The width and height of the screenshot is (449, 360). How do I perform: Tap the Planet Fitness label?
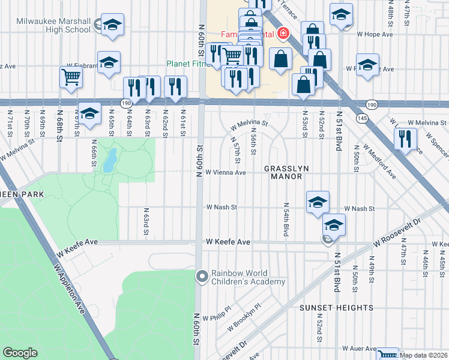click(x=187, y=65)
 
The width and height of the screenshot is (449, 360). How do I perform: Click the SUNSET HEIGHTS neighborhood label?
click(x=336, y=308)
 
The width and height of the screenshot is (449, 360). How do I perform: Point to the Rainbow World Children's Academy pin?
click(x=202, y=276)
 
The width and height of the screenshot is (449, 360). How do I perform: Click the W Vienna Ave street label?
click(x=226, y=173)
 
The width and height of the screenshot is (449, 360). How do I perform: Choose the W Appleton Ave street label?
click(x=70, y=290)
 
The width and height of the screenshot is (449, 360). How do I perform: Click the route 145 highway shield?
click(x=363, y=117)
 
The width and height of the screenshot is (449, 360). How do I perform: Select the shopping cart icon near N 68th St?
click(x=71, y=77)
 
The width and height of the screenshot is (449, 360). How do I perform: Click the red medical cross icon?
click(x=281, y=34)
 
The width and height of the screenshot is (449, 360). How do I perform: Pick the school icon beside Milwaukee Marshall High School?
click(x=112, y=25)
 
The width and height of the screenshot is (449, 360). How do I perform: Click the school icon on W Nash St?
click(x=318, y=202)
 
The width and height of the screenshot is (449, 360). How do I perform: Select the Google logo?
click(x=20, y=353)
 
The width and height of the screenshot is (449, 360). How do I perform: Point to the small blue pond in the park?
click(x=110, y=160)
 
